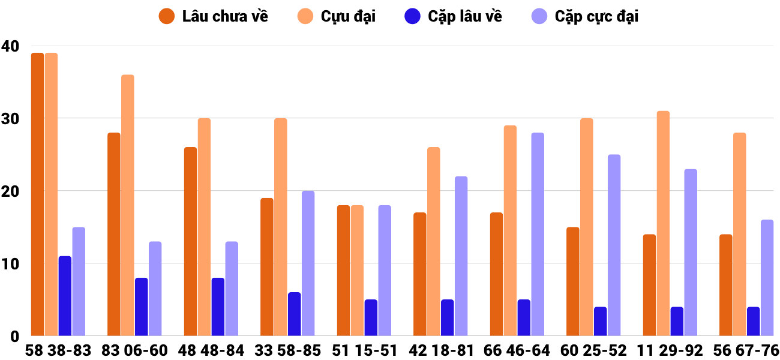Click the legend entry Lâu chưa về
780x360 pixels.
(213, 16)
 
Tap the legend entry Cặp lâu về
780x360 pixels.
(453, 16)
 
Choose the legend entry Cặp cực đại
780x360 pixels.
(584, 16)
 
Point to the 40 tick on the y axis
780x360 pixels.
(10, 46)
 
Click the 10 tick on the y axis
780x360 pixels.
(10, 264)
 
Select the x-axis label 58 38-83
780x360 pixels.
(58, 350)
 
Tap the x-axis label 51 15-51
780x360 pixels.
(364, 350)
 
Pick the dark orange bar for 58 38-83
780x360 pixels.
(37, 194)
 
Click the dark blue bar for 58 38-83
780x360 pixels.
(65, 296)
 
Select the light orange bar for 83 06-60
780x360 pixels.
(128, 205)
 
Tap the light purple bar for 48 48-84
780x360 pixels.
(232, 289)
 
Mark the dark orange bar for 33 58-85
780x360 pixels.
(267, 267)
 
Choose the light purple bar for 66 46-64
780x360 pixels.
(538, 234)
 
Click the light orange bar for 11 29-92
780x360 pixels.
(663, 223)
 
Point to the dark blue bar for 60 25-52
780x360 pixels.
(600, 322)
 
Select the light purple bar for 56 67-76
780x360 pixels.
(767, 278)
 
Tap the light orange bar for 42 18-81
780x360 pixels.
(434, 241)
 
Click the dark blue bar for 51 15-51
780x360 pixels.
(371, 318)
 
